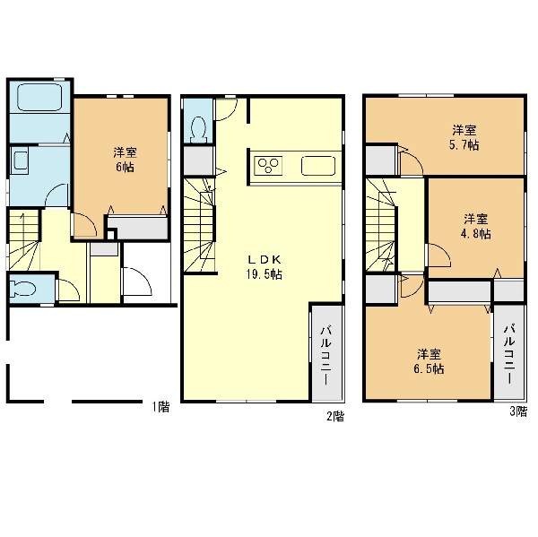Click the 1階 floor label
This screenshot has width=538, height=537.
tap(161, 407)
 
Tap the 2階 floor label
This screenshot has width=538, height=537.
tap(335, 417)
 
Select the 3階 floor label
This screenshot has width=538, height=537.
tap(518, 411)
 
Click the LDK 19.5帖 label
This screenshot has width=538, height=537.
tap(264, 267)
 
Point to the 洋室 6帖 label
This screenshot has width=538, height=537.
tap(126, 160)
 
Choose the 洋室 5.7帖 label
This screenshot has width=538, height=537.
tap(464, 138)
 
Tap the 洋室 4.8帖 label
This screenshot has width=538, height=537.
tap(476, 226)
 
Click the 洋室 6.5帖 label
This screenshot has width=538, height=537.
tap(430, 361)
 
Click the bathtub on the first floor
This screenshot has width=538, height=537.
tap(39, 97)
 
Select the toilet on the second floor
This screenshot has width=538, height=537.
tap(199, 130)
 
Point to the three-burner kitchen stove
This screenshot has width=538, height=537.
tap(268, 166)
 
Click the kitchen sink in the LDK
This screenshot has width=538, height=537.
tap(318, 166)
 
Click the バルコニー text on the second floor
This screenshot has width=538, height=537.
tap(326, 356)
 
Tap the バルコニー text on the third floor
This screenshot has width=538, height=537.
tap(509, 353)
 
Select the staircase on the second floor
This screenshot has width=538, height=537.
tap(200, 225)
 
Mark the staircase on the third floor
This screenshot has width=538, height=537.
tap(382, 224)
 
